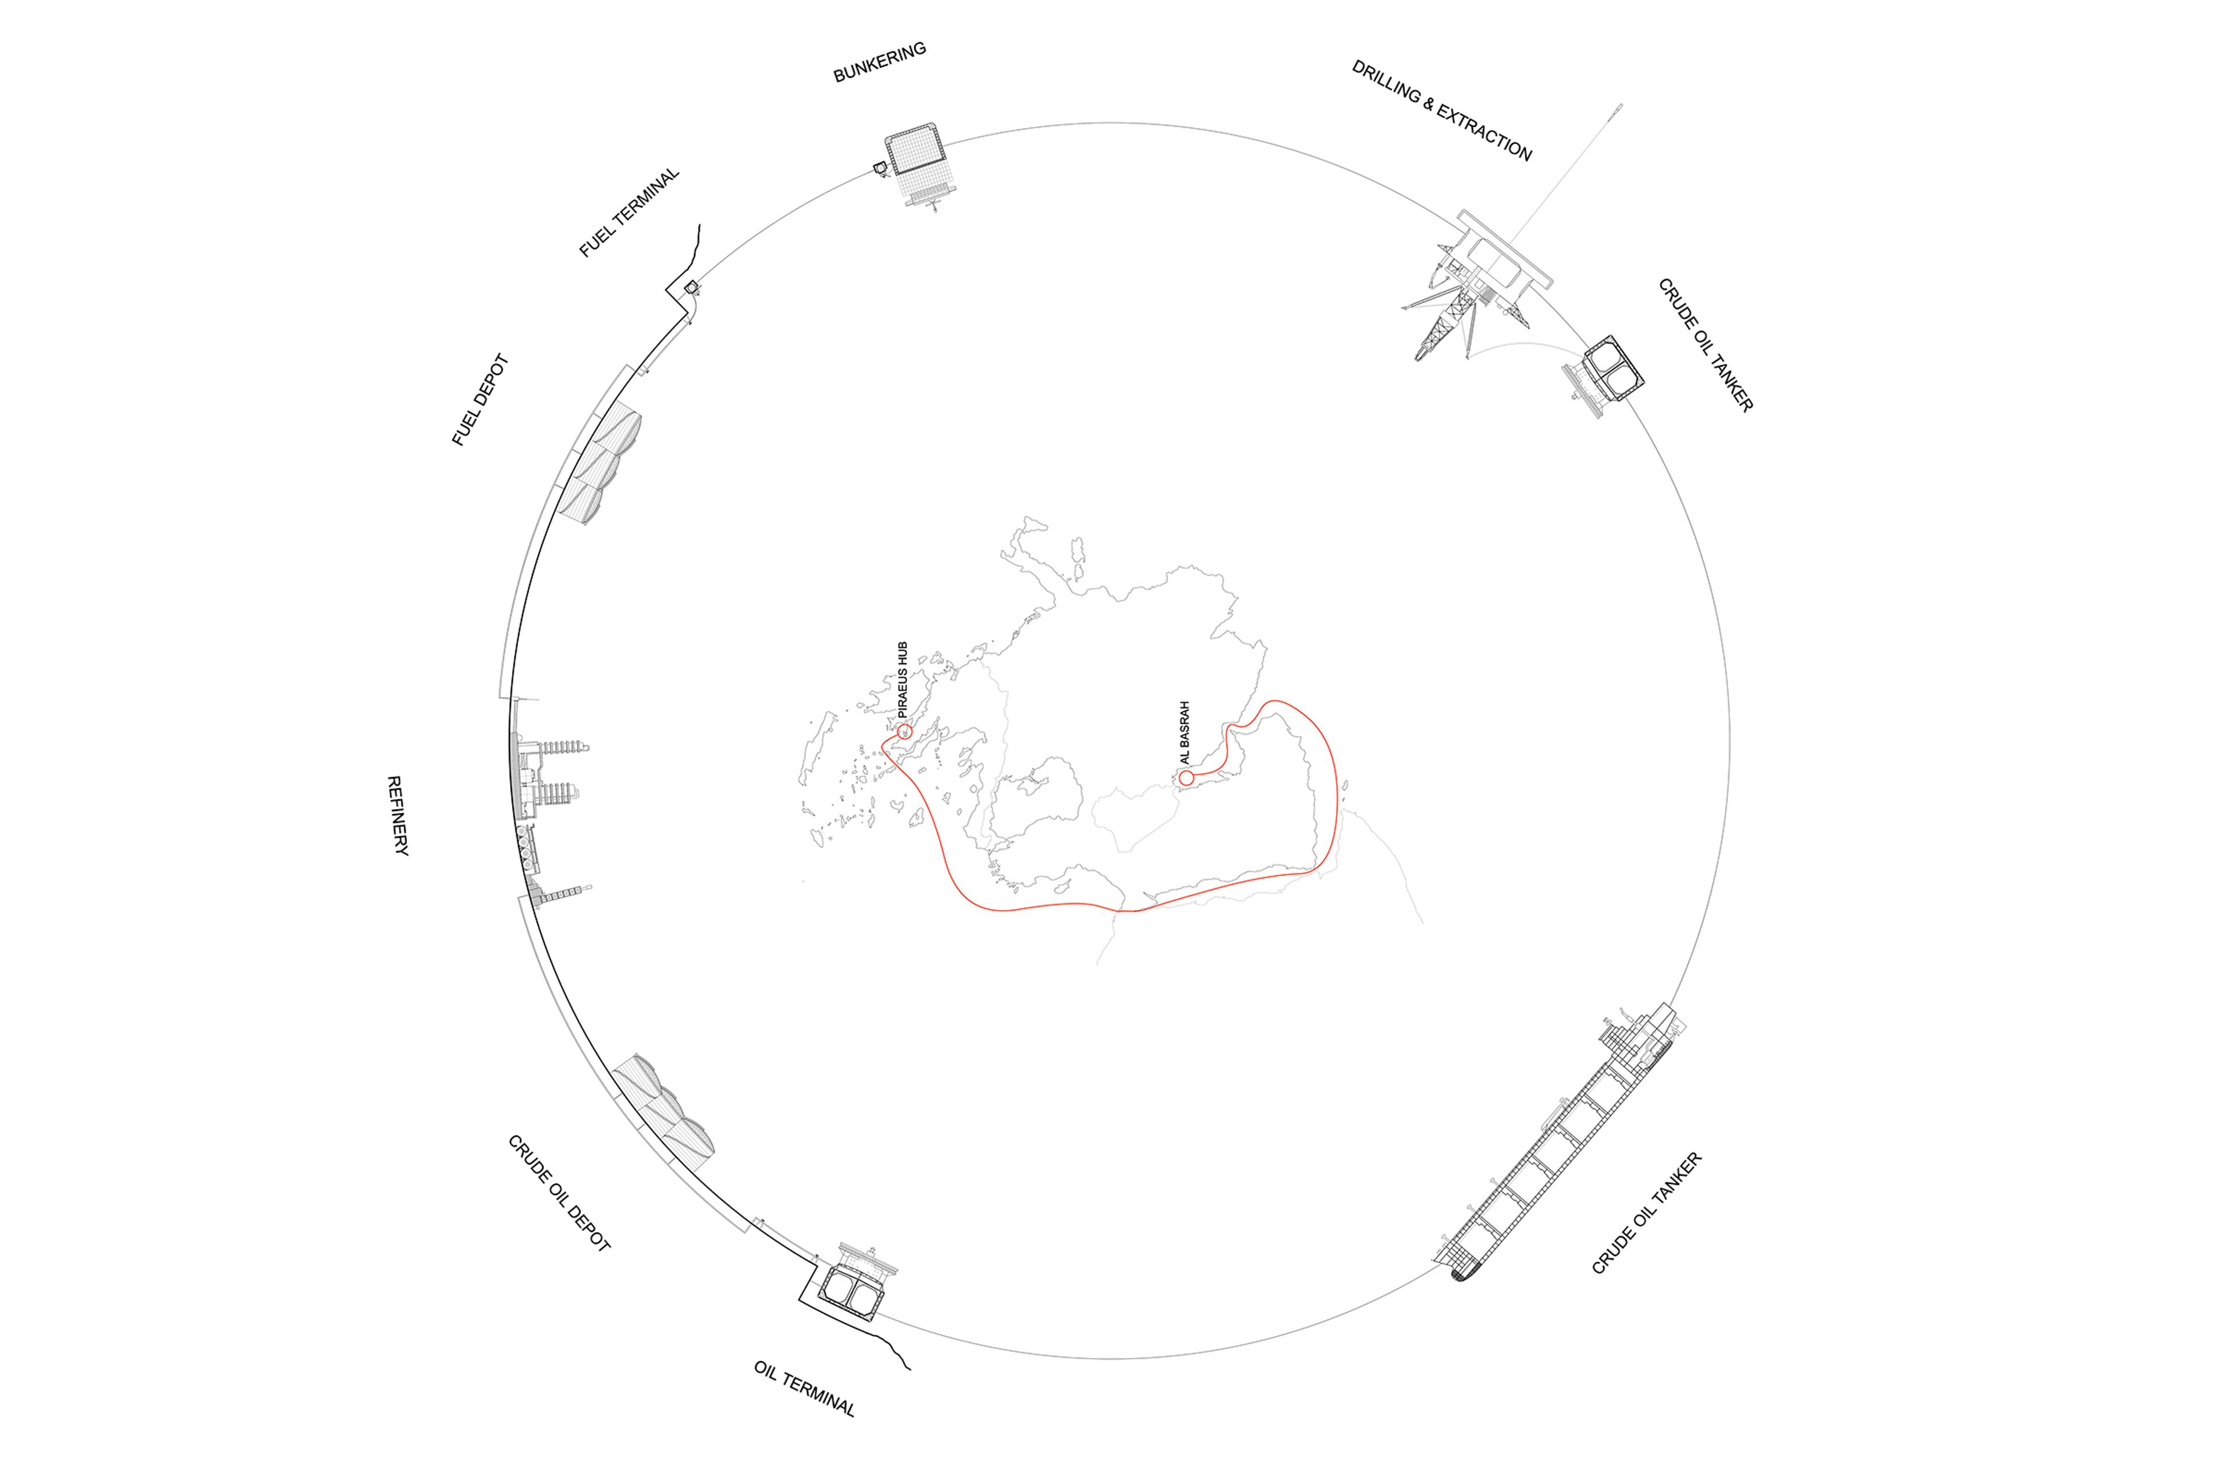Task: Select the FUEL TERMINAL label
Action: pyautogui.click(x=629, y=212)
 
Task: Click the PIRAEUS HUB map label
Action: pyautogui.click(x=902, y=680)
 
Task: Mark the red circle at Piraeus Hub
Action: pyautogui.click(x=904, y=731)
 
